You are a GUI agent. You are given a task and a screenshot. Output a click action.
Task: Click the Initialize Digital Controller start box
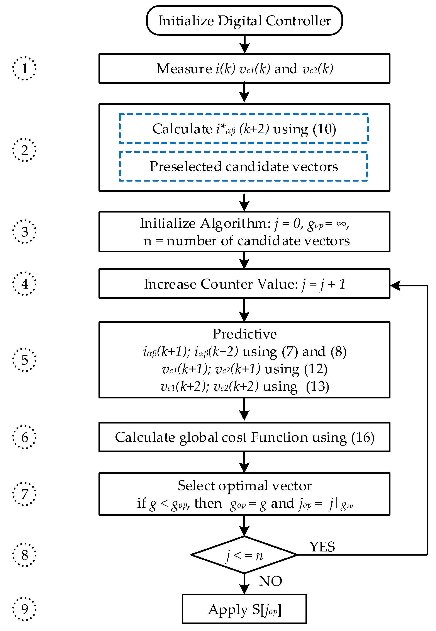[x=244, y=20]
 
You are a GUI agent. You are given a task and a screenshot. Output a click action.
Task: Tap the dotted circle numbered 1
[x=24, y=68]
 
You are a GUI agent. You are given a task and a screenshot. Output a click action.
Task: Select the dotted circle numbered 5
[x=24, y=360]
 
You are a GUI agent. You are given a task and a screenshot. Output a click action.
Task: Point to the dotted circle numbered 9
[x=24, y=609]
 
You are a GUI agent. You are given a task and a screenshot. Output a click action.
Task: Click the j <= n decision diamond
[x=244, y=555]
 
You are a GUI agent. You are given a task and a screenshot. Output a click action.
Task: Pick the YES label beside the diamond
[x=322, y=547]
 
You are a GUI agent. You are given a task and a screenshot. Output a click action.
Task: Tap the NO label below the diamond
[x=270, y=581]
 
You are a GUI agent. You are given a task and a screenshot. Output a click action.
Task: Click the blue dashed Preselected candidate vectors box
[x=243, y=167]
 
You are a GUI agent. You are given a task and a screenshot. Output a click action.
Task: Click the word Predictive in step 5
[x=244, y=334]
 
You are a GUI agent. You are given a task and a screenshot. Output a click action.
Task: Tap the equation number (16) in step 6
[x=363, y=437]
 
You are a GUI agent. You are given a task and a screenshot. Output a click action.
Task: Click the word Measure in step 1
[x=184, y=69]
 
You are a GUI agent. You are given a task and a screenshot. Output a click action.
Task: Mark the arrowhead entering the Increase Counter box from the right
[x=395, y=285]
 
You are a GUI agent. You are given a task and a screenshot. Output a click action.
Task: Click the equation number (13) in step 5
[x=317, y=386]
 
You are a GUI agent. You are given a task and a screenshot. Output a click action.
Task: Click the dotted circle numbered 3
[x=24, y=231]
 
